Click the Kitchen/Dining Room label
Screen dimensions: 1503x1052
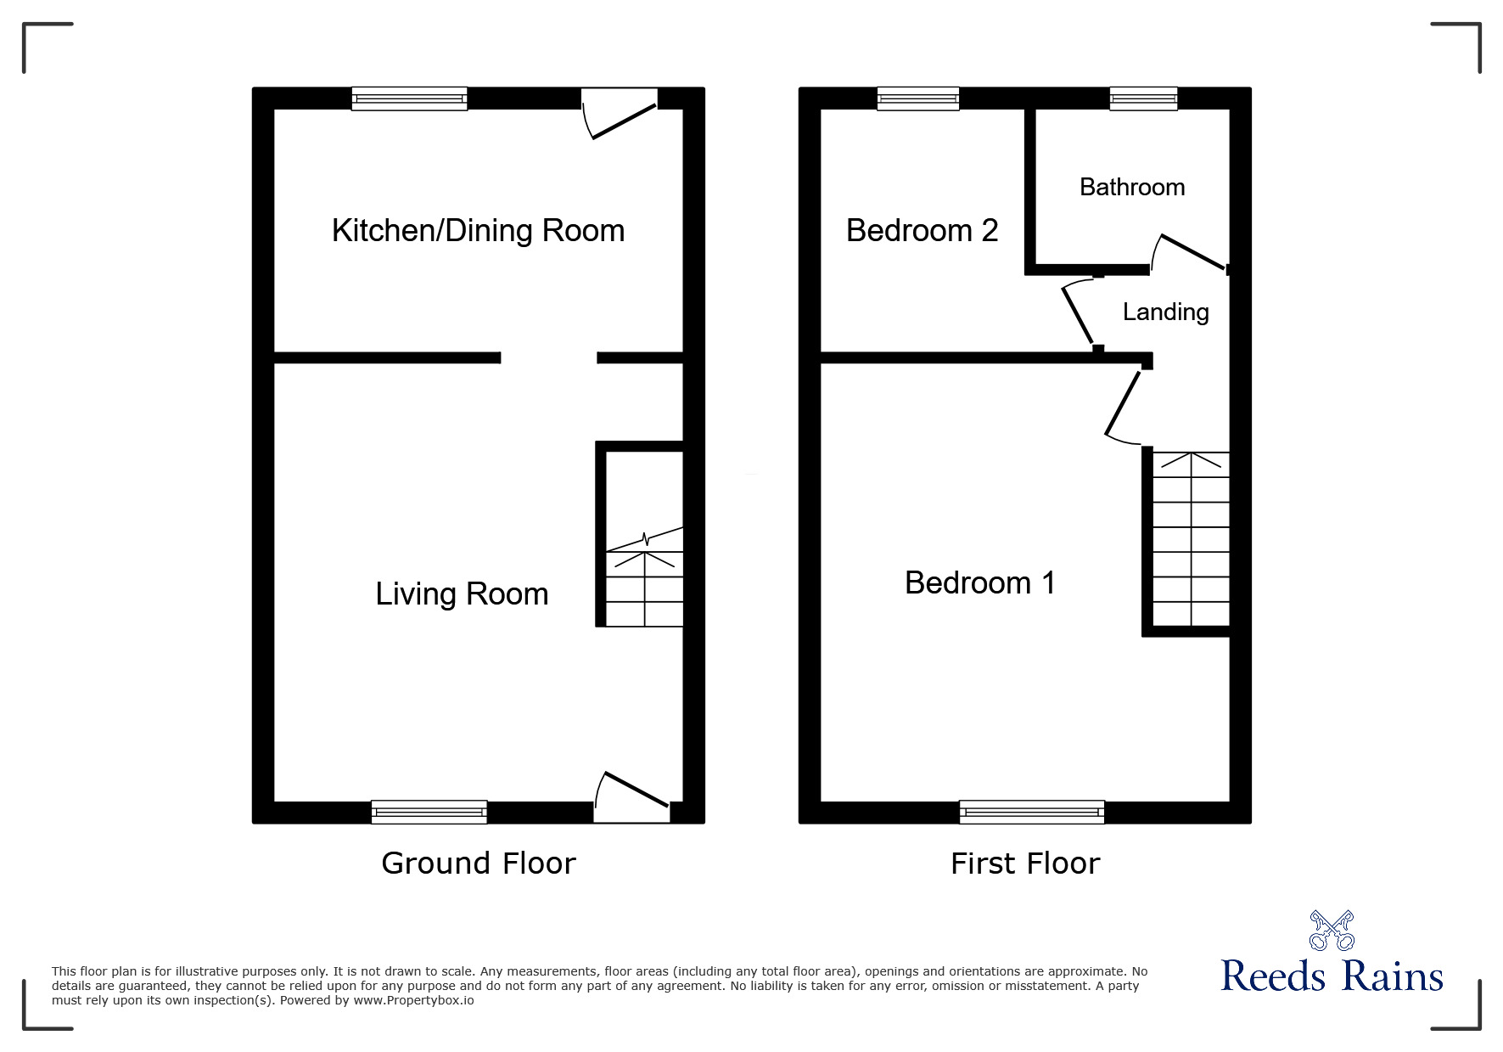point(478,231)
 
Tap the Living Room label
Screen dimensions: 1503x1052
point(462,594)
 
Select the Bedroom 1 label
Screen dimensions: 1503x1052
point(980,583)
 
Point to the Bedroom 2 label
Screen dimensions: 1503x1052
point(923,230)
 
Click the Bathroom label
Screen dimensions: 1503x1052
point(1132,187)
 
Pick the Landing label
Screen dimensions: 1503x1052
point(1166,312)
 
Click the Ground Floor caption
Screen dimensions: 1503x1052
point(479,864)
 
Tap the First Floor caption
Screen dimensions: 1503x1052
point(1025,864)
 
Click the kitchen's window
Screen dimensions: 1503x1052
point(410,98)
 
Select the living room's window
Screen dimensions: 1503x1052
point(429,813)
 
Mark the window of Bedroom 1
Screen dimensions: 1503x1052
point(1032,813)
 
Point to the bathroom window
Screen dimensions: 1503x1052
point(1144,98)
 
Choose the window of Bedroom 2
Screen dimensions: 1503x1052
point(918,98)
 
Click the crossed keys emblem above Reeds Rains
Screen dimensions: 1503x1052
point(1332,931)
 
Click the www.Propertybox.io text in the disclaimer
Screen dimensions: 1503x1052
point(413,1000)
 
